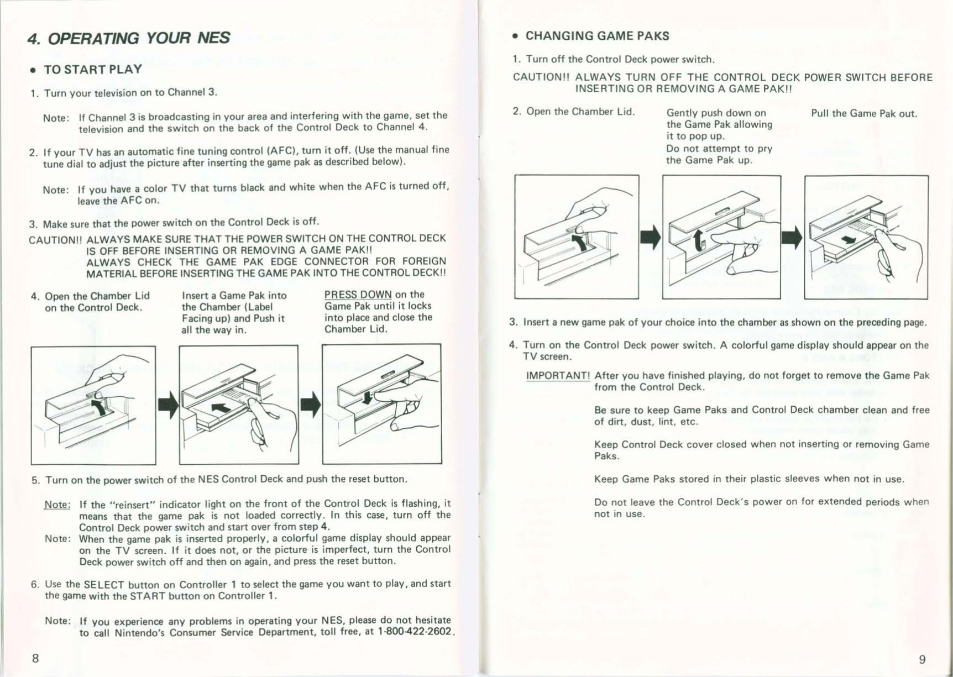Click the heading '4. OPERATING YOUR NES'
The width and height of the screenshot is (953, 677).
tap(128, 38)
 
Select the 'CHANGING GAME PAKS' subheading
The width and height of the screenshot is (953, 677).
tap(597, 36)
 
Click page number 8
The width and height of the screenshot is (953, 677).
tap(35, 658)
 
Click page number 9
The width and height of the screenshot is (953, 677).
tap(922, 659)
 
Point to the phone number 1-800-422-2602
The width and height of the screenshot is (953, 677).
tap(415, 631)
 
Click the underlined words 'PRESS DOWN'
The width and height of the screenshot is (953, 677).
tap(358, 295)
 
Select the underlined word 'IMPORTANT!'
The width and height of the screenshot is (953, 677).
tap(558, 376)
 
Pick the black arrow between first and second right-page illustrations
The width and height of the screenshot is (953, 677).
tap(651, 237)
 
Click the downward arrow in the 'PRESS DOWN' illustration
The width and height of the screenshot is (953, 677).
tap(366, 396)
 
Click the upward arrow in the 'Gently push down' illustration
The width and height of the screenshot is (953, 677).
tap(699, 239)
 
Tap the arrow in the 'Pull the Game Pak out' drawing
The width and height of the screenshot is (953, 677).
tap(848, 240)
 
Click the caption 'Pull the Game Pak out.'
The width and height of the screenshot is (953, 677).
tap(863, 114)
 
